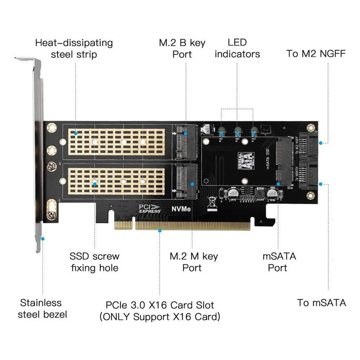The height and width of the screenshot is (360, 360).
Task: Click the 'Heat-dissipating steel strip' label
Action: click(74, 49)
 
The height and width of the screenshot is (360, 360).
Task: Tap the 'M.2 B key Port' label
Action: click(182, 49)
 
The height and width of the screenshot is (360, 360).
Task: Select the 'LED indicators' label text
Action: click(237, 48)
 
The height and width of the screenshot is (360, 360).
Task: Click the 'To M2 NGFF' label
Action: click(316, 54)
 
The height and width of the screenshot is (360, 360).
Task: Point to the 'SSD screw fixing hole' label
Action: click(94, 262)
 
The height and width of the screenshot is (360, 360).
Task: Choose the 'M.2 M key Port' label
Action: click(193, 262)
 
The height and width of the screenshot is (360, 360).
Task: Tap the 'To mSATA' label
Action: click(322, 302)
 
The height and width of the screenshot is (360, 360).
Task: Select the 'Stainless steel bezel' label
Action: click(42, 308)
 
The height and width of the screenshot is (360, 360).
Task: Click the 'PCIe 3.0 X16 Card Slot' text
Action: click(160, 305)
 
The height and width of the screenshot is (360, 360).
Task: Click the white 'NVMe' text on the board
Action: click(180, 209)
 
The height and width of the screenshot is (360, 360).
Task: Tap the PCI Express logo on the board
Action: click(150, 208)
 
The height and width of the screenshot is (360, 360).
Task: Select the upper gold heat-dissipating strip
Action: click(119, 142)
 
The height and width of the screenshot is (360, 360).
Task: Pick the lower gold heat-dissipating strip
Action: click(119, 182)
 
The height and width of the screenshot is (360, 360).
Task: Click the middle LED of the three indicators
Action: click(237, 131)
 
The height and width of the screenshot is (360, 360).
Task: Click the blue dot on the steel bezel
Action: click(43, 238)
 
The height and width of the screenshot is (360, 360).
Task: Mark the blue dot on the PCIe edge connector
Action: click(159, 230)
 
